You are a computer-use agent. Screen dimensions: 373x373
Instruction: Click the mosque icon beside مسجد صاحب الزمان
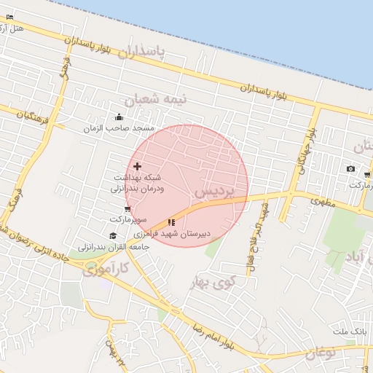pos(119,117)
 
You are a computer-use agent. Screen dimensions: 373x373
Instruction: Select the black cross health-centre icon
pos(138,167)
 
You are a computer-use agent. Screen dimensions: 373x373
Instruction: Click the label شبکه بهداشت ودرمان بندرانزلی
pos(138,182)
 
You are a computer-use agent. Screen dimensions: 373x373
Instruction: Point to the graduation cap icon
pos(113,235)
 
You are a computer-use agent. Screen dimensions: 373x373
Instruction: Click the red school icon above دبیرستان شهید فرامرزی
pos(171,222)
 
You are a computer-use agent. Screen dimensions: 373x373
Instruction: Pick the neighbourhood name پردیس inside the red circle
pos(216,192)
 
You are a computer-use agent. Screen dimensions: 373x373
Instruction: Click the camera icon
pos(350,169)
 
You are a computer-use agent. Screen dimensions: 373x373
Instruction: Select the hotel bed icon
pos(9,17)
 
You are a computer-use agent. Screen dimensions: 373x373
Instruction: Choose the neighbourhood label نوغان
pos(318,355)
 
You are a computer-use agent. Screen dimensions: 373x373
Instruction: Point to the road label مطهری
pos(321,202)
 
